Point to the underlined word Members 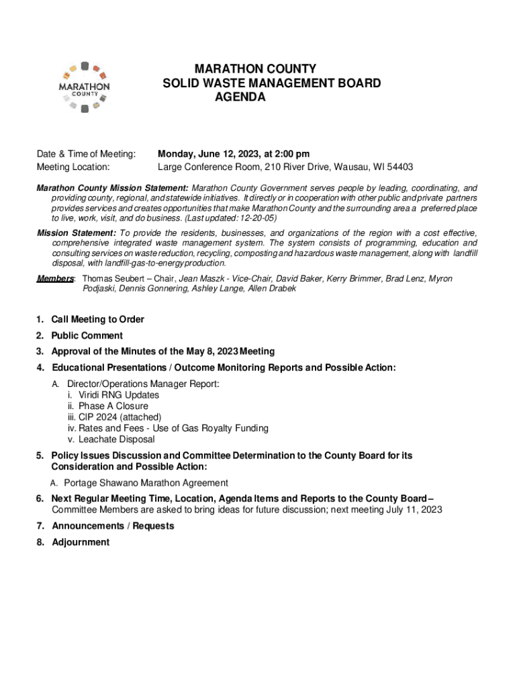click(55, 279)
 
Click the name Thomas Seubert click(110, 279)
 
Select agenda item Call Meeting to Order click(97, 319)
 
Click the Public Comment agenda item click(87, 335)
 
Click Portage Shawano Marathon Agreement click(146, 483)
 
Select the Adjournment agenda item click(81, 542)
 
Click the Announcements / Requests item click(113, 526)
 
